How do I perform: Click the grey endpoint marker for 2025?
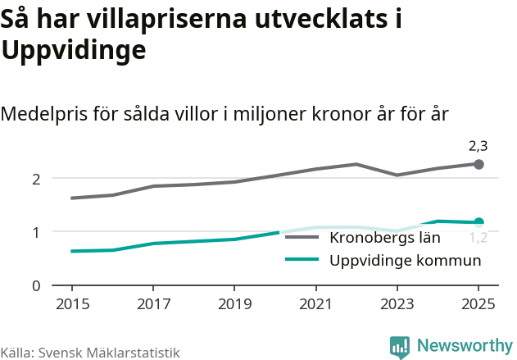(x=479, y=165)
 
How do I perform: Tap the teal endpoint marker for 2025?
(x=479, y=222)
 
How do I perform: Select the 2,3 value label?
(x=478, y=147)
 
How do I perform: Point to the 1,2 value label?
(x=478, y=239)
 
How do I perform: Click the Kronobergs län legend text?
(x=385, y=239)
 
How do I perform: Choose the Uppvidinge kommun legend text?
(x=405, y=261)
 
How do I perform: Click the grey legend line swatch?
(x=302, y=239)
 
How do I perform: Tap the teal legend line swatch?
(x=302, y=261)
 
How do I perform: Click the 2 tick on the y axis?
(x=36, y=179)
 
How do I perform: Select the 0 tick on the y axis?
(x=36, y=286)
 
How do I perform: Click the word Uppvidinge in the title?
(x=74, y=51)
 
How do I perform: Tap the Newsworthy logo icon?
(x=400, y=347)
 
